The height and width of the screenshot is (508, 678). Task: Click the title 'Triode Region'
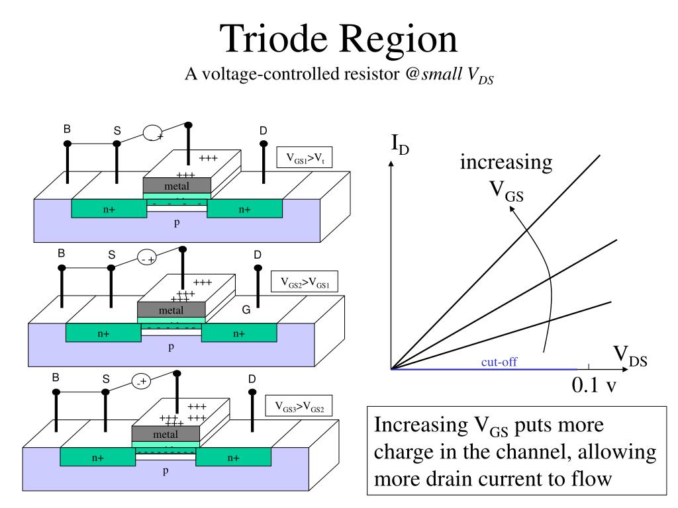pos(339,38)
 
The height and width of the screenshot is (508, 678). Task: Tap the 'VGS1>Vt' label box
pos(305,158)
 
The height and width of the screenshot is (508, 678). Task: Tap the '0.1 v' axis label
pos(594,385)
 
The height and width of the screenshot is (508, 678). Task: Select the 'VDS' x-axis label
pos(630,357)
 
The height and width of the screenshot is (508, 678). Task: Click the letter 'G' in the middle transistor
pos(246,309)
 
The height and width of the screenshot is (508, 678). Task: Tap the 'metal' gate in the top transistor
pos(177,187)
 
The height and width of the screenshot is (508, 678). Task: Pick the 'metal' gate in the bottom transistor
pos(165,435)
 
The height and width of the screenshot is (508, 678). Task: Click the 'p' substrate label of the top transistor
pos(177,223)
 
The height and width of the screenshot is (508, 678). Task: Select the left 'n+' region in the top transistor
pos(109,210)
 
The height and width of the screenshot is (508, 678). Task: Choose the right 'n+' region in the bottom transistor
pos(233,457)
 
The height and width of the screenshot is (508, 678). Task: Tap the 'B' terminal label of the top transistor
pos(67,128)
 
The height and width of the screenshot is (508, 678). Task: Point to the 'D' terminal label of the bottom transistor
pos(252,379)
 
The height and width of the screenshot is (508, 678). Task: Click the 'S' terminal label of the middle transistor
pos(112,255)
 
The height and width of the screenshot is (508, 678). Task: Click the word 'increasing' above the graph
pos(506,162)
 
